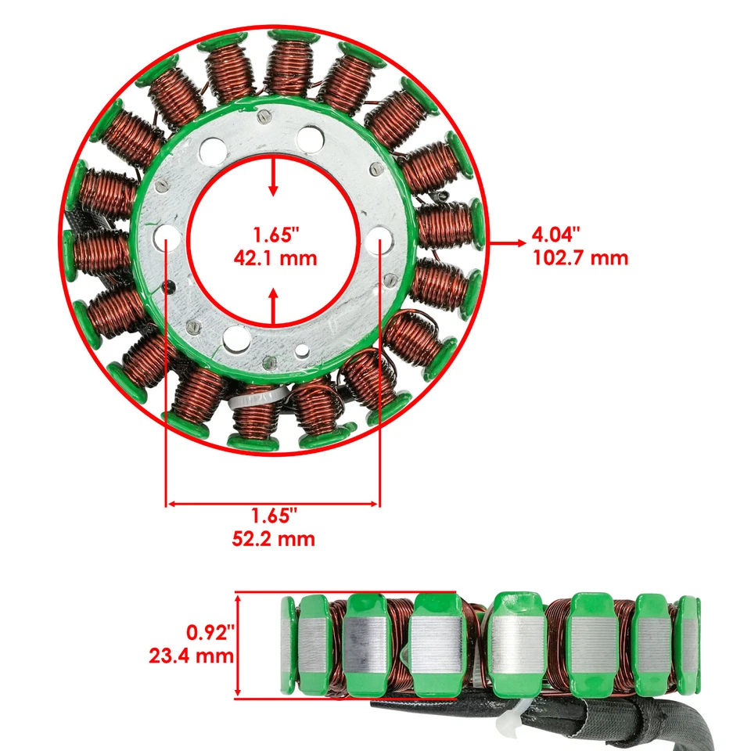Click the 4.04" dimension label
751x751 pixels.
(556, 234)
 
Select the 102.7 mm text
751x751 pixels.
(580, 257)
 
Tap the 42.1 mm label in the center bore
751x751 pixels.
(274, 257)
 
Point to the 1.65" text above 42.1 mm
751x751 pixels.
(274, 234)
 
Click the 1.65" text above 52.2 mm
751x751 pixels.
(274, 516)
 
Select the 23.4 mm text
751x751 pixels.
(192, 655)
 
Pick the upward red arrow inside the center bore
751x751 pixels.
(273, 307)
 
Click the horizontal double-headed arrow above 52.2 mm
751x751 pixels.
(273, 504)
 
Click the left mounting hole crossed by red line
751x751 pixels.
(166, 235)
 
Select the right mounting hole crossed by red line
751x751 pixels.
(379, 235)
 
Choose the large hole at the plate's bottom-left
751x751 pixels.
(233, 338)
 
